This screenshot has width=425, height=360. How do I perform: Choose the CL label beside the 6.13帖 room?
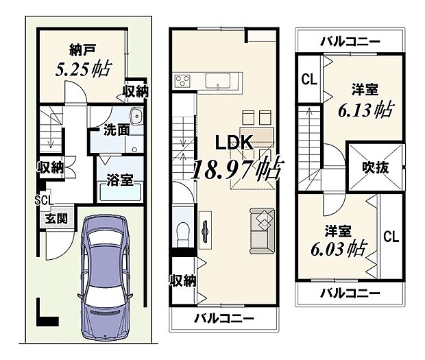(308, 80)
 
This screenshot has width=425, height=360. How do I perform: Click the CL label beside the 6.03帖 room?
(391, 238)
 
